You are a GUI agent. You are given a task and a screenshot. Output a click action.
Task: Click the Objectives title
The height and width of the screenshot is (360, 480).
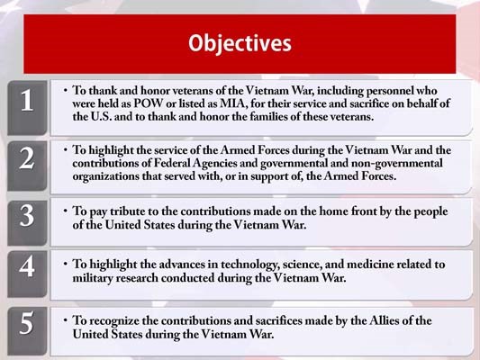tap(240, 42)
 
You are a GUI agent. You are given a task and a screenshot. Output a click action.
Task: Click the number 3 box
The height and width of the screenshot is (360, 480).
tap(27, 217)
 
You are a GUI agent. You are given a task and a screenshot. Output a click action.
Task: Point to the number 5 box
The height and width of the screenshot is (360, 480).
tap(27, 326)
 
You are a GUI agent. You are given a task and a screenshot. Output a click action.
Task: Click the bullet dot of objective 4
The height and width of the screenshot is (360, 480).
tap(65, 265)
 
